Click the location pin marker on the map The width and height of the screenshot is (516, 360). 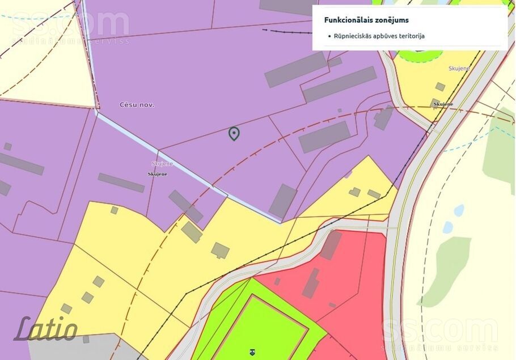[x=234, y=133]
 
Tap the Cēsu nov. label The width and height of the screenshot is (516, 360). [x=137, y=105]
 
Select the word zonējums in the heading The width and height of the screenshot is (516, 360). [x=391, y=20]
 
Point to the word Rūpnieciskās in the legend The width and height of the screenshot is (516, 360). [x=354, y=36]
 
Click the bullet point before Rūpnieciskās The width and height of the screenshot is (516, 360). [x=329, y=36]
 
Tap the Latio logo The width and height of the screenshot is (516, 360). [x=46, y=329]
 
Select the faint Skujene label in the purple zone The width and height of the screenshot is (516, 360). [x=162, y=164]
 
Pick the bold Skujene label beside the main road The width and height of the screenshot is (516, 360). [x=443, y=104]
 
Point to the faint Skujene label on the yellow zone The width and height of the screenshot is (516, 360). [x=459, y=69]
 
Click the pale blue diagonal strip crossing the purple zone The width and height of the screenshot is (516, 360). [x=187, y=170]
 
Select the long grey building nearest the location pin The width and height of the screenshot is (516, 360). [x=324, y=137]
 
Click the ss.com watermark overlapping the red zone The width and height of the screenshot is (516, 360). [x=439, y=332]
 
